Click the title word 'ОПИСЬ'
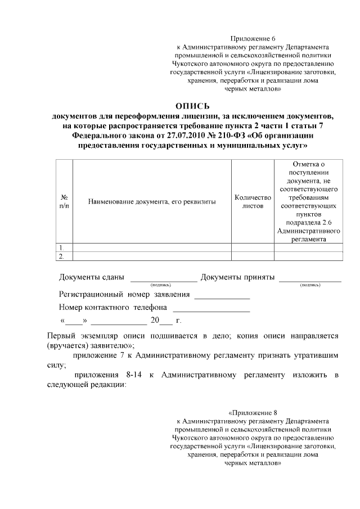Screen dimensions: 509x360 point(192,106)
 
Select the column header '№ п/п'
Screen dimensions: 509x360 point(64,202)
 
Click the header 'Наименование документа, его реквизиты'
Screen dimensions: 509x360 point(152,202)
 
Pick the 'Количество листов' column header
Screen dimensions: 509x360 point(253,202)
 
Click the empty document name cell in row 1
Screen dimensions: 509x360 point(152,247)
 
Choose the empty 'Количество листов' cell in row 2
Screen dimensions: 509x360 point(253,256)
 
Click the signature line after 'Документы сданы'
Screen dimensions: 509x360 point(164,279)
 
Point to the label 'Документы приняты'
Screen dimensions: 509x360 point(237,277)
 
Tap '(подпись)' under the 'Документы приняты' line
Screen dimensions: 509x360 point(310,285)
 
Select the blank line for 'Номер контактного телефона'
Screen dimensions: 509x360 point(211,309)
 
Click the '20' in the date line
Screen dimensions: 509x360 point(155,321)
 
